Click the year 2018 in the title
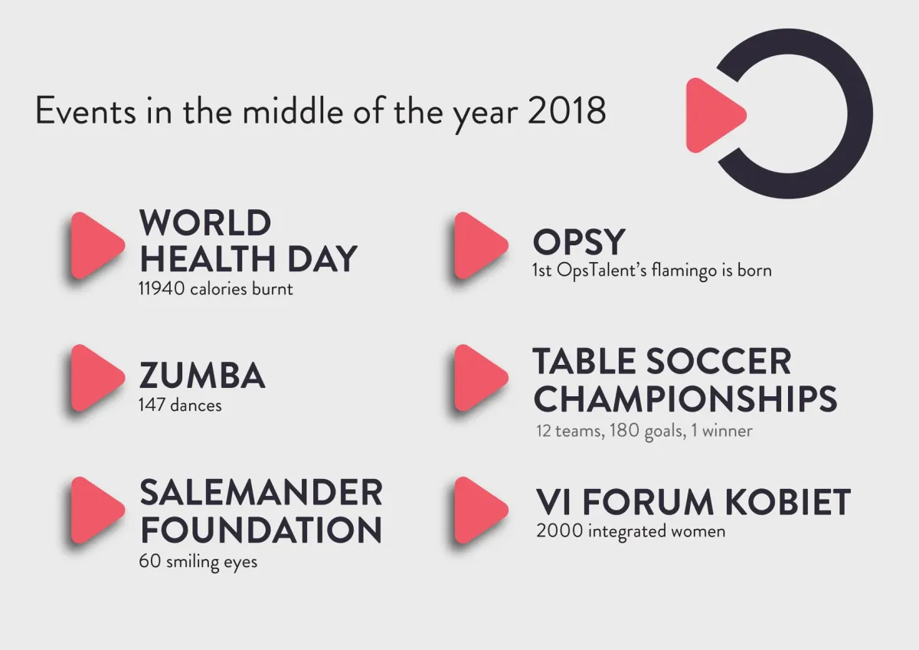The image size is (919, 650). click(x=567, y=110)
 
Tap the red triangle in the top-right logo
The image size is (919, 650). click(x=714, y=116)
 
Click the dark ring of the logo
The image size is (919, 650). click(x=860, y=113)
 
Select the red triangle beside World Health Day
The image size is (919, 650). click(x=96, y=245)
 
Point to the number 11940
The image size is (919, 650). click(x=162, y=289)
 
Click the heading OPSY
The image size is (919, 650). click(x=579, y=242)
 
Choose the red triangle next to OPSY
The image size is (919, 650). click(x=480, y=245)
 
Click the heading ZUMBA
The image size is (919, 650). click(x=202, y=375)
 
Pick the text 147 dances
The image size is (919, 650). click(x=180, y=405)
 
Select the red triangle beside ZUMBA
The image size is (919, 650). click(x=96, y=378)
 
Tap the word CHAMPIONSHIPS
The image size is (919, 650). click(x=685, y=399)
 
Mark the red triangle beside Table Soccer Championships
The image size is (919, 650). click(x=480, y=378)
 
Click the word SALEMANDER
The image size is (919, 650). click(x=261, y=492)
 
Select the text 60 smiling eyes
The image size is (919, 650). click(x=198, y=562)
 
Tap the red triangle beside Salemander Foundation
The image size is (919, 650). click(x=96, y=510)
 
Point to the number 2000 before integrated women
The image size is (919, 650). click(x=559, y=530)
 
